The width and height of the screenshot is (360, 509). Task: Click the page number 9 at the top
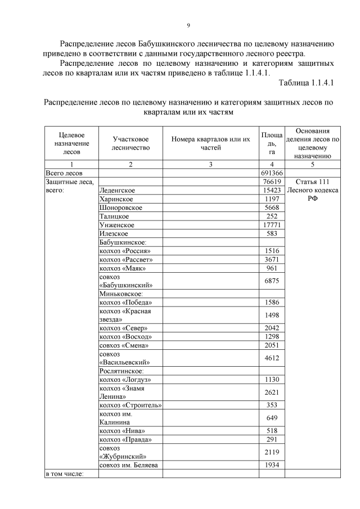(188, 25)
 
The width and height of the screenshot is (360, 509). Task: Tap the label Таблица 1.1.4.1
(307, 83)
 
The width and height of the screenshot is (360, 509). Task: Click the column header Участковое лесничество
(130, 143)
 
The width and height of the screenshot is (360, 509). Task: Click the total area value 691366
(272, 173)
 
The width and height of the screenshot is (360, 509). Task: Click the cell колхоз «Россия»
(125, 251)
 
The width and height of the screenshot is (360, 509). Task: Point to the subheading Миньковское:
(121, 294)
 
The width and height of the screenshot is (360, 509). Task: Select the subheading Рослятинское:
(123, 371)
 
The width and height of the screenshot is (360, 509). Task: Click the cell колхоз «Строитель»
(130, 405)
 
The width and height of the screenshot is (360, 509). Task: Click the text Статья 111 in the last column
(312, 182)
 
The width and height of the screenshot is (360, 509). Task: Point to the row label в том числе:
(64, 474)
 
